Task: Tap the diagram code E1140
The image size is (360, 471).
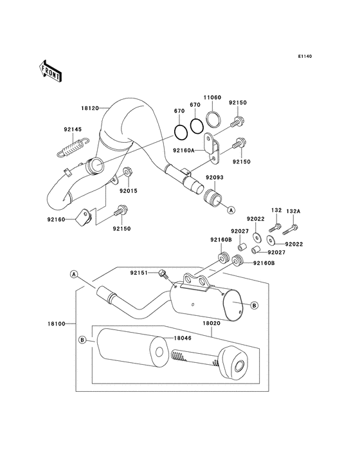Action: (304, 57)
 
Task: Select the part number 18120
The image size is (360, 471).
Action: (89, 109)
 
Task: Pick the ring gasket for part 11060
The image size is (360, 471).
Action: (215, 120)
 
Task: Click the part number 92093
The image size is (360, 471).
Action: (214, 178)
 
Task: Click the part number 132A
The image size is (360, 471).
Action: (293, 210)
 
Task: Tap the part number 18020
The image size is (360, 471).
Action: (212, 326)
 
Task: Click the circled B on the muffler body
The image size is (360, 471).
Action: (254, 306)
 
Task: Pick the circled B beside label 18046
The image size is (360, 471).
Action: (82, 339)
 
